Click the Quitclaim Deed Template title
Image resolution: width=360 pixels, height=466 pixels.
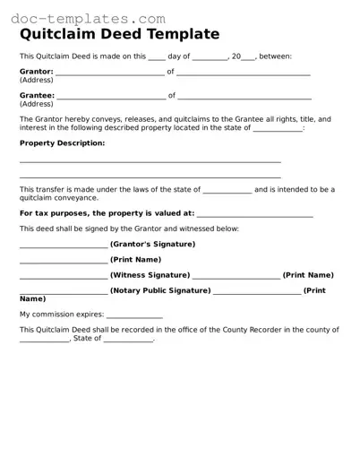point(119,35)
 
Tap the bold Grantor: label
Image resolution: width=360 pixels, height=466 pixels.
point(36,71)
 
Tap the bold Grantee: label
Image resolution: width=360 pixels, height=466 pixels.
point(37,94)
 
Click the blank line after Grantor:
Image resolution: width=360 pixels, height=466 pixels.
point(110,73)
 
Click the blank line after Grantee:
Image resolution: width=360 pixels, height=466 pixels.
point(111,96)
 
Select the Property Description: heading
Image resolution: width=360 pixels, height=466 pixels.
point(62,142)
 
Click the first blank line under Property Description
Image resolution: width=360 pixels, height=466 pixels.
point(150,161)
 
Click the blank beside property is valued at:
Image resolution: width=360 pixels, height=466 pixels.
point(254,215)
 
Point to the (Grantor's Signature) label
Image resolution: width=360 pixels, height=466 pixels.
point(152,244)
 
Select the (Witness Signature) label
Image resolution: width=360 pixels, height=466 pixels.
point(150,275)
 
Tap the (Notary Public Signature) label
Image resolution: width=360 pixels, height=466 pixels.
point(160,290)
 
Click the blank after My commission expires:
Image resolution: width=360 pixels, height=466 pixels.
point(134,316)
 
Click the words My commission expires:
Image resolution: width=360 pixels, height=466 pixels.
point(62,315)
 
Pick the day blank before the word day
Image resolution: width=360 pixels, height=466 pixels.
point(140,57)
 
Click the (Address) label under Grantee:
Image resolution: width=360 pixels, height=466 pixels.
point(37,103)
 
